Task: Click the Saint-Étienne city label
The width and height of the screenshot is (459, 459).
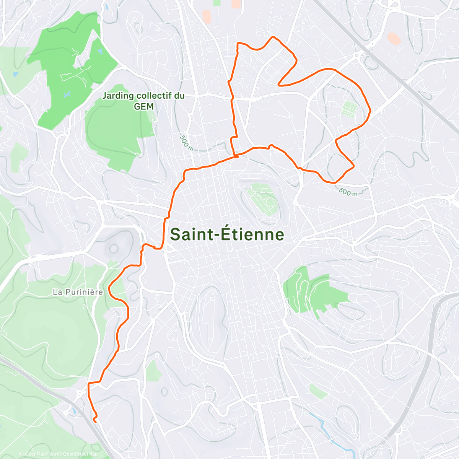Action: point(227,234)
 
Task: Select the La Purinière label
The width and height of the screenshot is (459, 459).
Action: point(78,292)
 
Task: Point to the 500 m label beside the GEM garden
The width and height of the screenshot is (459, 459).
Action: point(186,143)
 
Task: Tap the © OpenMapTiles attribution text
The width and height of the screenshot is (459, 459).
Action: point(37,454)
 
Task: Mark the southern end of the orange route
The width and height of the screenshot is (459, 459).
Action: point(94,421)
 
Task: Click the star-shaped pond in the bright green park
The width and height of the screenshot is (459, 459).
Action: point(67,93)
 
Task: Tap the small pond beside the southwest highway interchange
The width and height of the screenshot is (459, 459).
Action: point(73,412)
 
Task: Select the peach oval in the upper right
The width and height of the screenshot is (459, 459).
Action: point(393,38)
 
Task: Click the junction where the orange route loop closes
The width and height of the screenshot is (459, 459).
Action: point(236,156)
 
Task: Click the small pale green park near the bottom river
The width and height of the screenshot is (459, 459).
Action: point(318,391)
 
